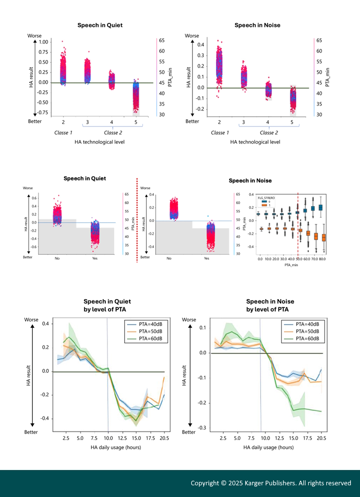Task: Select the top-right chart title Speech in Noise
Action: tap(257, 25)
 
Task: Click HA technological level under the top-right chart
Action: tap(255, 142)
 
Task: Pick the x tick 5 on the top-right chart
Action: tap(292, 122)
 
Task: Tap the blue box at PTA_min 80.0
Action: tap(321, 207)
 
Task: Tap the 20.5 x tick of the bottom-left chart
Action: tap(164, 438)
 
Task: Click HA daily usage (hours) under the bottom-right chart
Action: tap(269, 448)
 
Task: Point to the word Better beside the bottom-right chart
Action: tap(189, 432)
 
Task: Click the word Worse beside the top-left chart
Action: tap(35, 36)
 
